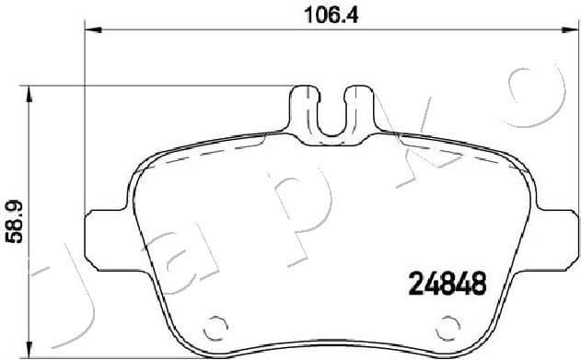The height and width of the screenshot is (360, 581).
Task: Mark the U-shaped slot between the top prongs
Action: [x=330, y=115]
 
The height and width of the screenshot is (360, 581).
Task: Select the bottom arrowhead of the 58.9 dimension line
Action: [x=31, y=352]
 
